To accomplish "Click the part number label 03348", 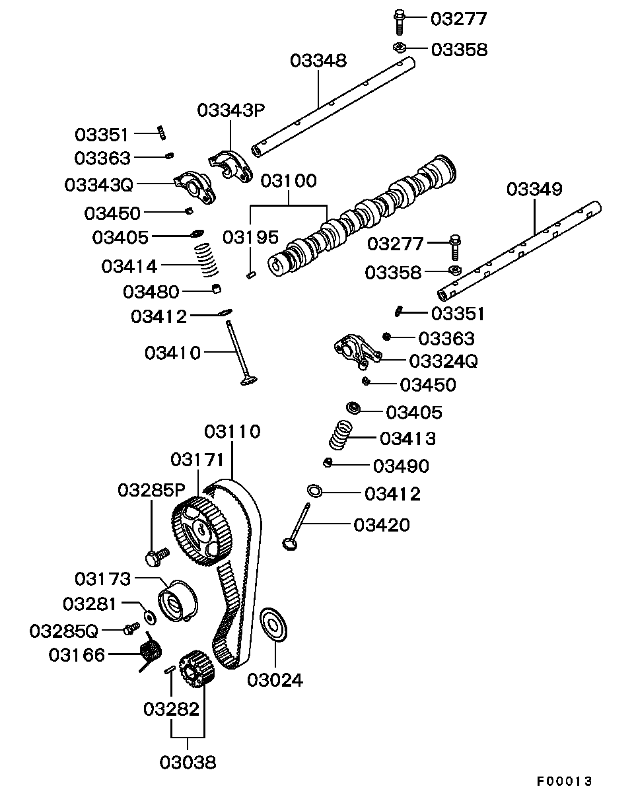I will [x=318, y=61].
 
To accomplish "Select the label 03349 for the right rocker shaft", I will [x=534, y=190].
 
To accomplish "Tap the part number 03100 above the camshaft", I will [x=289, y=181].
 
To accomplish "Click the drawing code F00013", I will [x=564, y=781].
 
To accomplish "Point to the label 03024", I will [x=275, y=679].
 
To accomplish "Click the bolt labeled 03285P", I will [x=157, y=557].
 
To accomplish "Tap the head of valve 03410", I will [x=248, y=381].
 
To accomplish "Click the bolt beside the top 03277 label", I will [x=400, y=21].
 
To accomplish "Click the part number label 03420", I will [x=382, y=525].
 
